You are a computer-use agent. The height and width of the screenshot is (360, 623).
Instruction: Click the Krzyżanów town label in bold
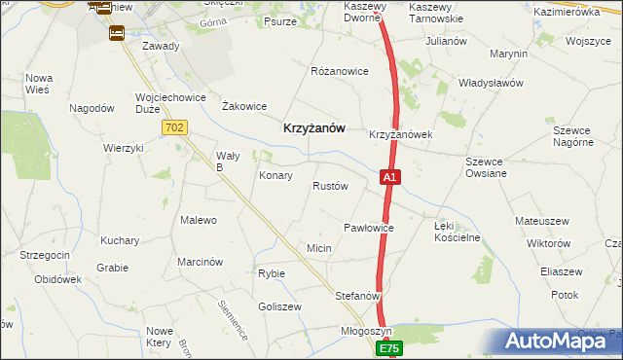(312, 126)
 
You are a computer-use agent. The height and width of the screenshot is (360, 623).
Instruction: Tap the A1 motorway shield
(388, 178)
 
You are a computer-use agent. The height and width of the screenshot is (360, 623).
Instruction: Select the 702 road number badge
(175, 127)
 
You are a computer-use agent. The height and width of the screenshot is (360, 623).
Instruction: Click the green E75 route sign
(389, 347)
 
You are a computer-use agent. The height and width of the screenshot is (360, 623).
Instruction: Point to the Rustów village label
(330, 186)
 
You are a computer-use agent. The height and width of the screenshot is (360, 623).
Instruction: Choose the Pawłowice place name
(368, 227)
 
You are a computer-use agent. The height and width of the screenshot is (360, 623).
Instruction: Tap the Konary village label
(275, 176)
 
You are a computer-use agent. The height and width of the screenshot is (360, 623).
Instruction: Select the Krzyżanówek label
(400, 135)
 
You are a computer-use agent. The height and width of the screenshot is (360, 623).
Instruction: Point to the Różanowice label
(339, 71)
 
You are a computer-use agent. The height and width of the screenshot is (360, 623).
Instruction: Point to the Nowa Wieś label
(39, 84)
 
